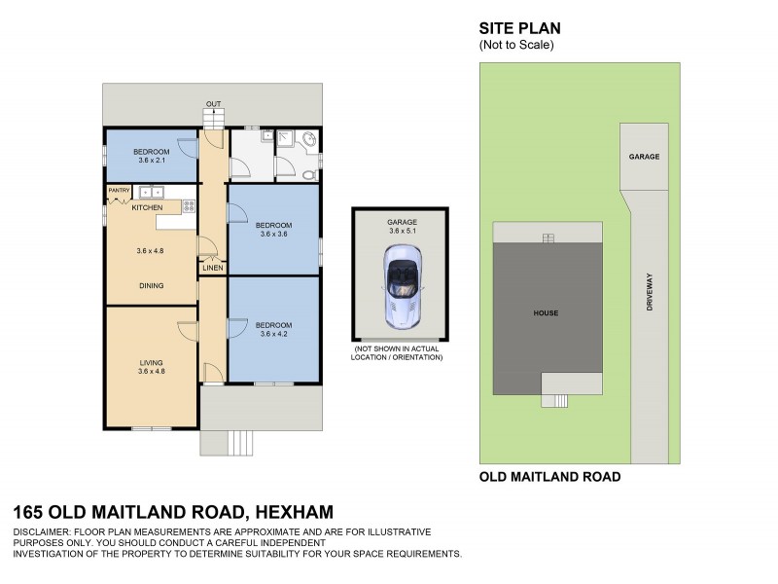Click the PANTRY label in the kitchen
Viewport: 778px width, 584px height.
pyautogui.click(x=119, y=191)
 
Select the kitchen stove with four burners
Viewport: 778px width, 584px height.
pyautogui.click(x=188, y=205)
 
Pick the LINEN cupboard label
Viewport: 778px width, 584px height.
pyautogui.click(x=213, y=268)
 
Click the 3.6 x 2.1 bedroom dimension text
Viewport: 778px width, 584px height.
pyautogui.click(x=151, y=162)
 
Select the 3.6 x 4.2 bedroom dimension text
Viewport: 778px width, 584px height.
pyautogui.click(x=275, y=335)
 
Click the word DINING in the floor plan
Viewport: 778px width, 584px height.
pyautogui.click(x=151, y=285)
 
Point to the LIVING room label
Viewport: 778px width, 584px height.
pyautogui.click(x=151, y=362)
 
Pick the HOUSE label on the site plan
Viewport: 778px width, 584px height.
pyautogui.click(x=545, y=312)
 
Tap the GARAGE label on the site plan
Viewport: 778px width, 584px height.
pyautogui.click(x=644, y=156)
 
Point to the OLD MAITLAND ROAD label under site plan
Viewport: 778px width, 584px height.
pyautogui.click(x=549, y=478)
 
